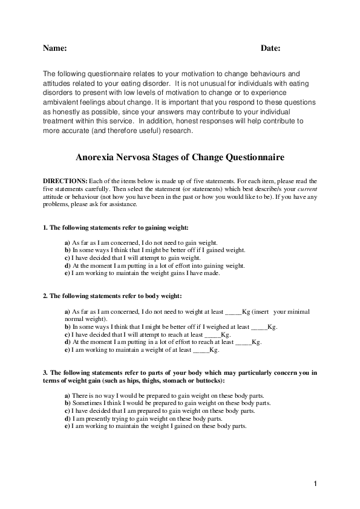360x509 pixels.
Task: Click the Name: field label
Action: tap(54, 48)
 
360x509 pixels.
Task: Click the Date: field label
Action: tap(270, 48)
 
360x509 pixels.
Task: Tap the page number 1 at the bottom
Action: tap(315, 484)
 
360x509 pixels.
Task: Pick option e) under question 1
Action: tap(142, 273)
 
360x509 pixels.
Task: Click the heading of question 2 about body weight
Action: tap(112, 296)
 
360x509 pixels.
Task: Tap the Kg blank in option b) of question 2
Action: tap(259, 326)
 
